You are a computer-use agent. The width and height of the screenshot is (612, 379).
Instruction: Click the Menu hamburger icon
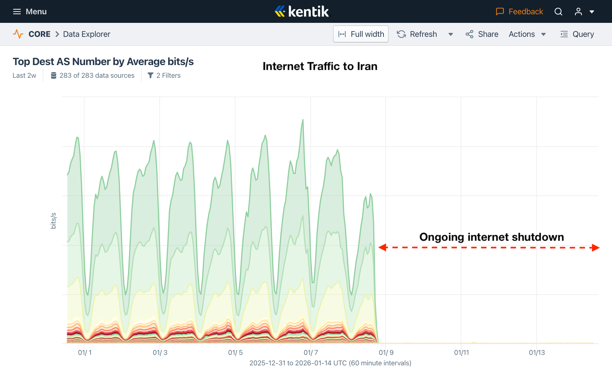coord(17,12)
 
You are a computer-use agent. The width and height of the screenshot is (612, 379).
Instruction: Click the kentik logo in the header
coord(302,11)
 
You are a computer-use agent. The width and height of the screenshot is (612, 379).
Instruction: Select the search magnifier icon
coord(558,12)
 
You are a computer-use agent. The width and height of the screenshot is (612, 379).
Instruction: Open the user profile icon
coord(578,12)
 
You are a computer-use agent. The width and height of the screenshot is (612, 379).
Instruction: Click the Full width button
coord(361,34)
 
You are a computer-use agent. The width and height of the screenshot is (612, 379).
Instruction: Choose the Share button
coord(482,34)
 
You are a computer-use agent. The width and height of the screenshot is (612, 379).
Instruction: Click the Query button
coord(577,34)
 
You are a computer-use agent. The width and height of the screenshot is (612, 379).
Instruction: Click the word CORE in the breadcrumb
coord(39,34)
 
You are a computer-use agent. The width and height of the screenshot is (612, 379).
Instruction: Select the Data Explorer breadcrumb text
coord(86,34)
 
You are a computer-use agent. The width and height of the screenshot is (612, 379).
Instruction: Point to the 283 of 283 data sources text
coord(97,76)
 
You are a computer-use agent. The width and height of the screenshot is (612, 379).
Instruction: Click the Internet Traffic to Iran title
coord(320,66)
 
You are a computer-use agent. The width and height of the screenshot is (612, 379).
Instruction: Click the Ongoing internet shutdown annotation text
coord(492,237)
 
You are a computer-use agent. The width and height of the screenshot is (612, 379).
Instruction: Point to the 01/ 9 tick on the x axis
coord(386,352)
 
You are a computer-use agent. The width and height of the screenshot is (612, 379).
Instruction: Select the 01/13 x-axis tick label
coord(537,352)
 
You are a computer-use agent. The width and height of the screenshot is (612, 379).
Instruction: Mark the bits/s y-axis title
coord(53,221)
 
